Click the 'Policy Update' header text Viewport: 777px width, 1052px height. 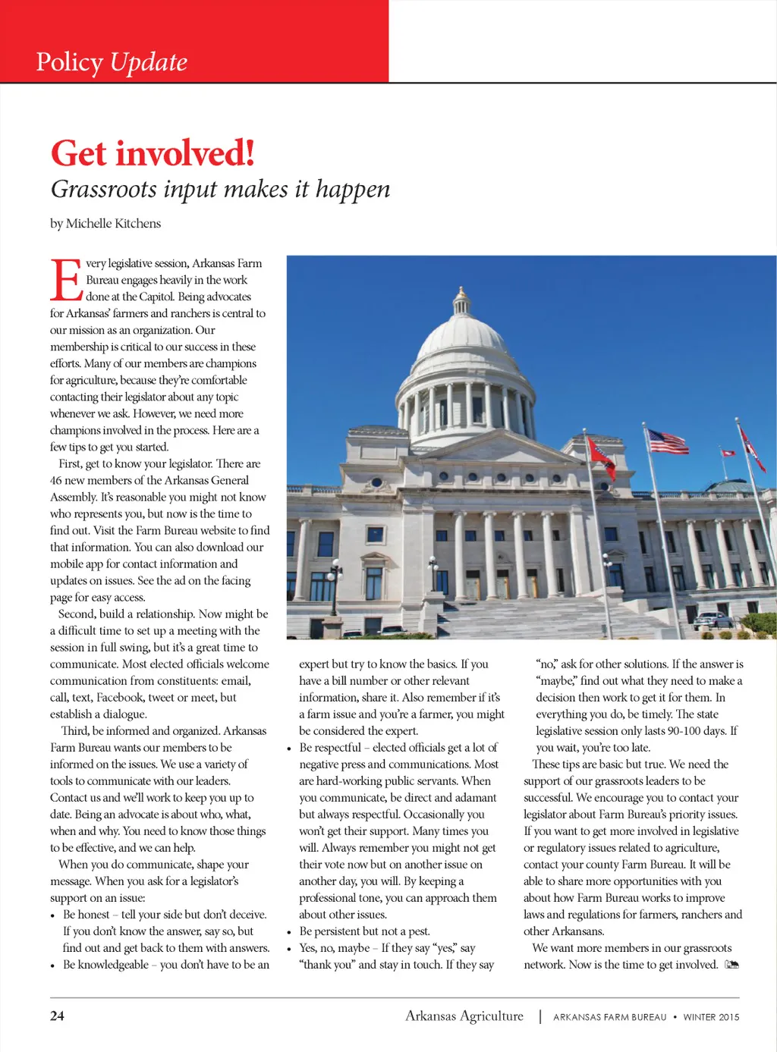[x=112, y=62]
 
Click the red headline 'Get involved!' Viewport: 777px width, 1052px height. [x=153, y=153]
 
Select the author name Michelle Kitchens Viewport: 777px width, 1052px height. [x=113, y=223]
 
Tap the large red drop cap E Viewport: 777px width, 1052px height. [x=66, y=281]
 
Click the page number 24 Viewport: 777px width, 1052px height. [x=57, y=1016]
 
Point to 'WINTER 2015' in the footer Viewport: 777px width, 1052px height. [x=711, y=1017]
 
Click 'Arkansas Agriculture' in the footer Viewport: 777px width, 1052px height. [x=464, y=1016]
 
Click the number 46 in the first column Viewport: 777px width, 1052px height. [x=56, y=480]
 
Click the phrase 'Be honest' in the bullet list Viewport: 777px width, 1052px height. [x=87, y=915]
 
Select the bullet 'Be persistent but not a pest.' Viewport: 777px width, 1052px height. [x=364, y=931]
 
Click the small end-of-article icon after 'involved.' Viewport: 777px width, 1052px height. [x=731, y=965]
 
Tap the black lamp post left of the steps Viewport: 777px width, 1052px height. [x=335, y=585]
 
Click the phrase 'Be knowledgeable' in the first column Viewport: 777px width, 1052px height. [x=105, y=965]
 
